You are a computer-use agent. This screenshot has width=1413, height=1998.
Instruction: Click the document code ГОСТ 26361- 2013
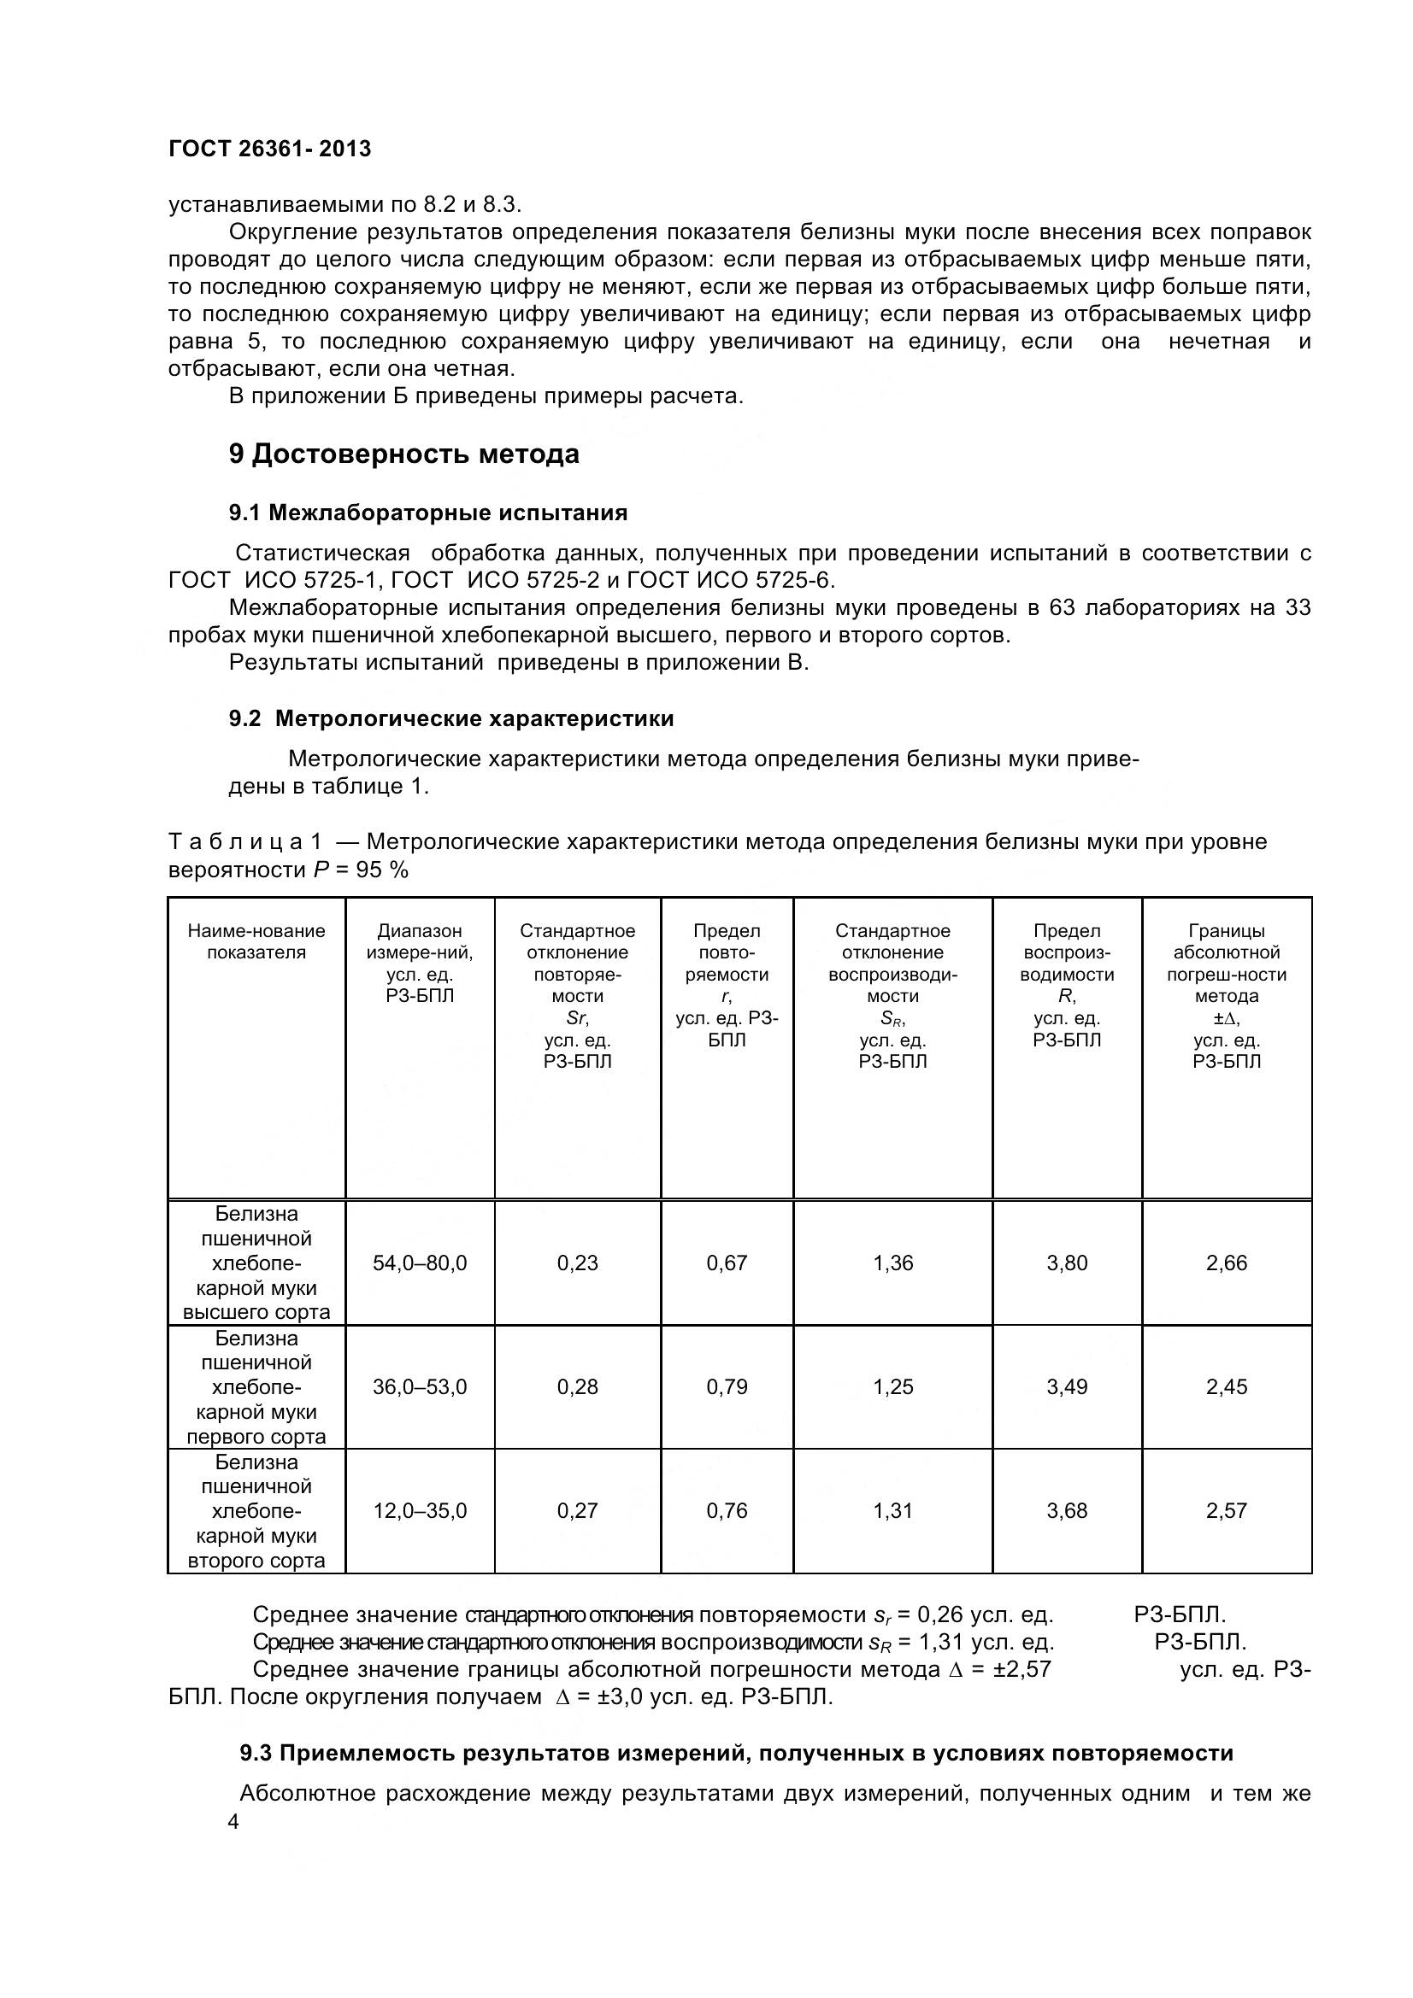point(269,149)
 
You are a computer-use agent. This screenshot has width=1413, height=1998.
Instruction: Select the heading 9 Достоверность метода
point(404,454)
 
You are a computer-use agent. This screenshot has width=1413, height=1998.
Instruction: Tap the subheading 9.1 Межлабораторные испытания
point(427,513)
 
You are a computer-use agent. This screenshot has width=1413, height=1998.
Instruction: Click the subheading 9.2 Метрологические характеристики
point(451,718)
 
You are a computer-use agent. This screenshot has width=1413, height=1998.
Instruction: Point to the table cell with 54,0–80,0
point(420,1263)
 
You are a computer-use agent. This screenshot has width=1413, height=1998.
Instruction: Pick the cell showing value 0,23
point(577,1263)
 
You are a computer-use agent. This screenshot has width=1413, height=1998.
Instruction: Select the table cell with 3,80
point(1067,1263)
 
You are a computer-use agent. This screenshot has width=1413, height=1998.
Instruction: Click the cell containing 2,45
point(1226,1386)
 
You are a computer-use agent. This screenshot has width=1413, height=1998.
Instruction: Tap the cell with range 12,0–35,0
point(420,1511)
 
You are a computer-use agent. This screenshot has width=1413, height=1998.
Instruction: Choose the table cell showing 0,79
point(726,1386)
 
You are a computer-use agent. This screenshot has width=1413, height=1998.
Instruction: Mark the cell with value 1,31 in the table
point(892,1511)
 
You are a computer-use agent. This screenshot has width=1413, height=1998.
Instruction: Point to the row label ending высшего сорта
point(256,1263)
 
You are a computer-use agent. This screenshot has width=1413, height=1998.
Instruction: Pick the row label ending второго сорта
point(256,1511)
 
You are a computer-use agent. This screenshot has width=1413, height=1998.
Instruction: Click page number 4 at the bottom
point(233,1822)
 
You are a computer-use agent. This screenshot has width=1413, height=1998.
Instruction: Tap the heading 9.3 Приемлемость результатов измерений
point(736,1754)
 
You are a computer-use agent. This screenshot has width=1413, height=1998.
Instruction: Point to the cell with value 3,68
point(1067,1511)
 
